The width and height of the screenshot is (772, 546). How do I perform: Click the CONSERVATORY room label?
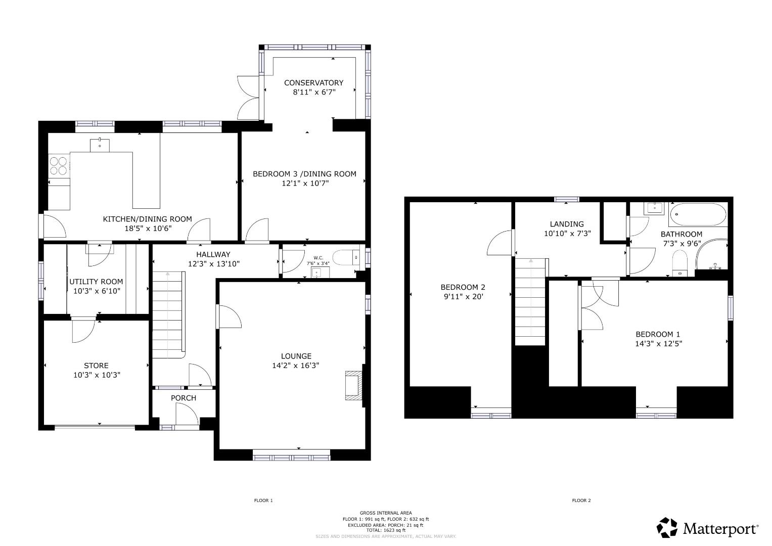coord(313,82)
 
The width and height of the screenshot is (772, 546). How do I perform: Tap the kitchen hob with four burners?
coord(58,165)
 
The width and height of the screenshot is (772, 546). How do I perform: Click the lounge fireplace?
coord(353,386)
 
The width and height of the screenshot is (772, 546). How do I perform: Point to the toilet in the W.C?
coord(347,258)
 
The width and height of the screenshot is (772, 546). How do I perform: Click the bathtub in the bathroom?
coord(698,215)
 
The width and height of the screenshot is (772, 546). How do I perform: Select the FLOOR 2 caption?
coord(581,500)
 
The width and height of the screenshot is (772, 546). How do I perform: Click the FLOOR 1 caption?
coord(263,500)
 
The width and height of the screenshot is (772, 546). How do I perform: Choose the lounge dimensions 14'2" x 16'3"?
coord(296,366)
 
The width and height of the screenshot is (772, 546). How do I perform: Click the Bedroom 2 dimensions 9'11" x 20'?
coord(463,297)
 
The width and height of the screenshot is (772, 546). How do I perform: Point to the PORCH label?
coord(183,398)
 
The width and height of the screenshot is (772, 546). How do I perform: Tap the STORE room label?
coord(96,366)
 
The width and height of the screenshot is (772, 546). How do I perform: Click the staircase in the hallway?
coord(167,313)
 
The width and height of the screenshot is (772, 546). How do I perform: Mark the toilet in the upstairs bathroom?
coord(680,263)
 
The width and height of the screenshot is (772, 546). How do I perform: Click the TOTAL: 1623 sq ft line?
coord(386,530)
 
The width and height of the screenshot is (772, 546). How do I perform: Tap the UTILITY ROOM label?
coord(96,282)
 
